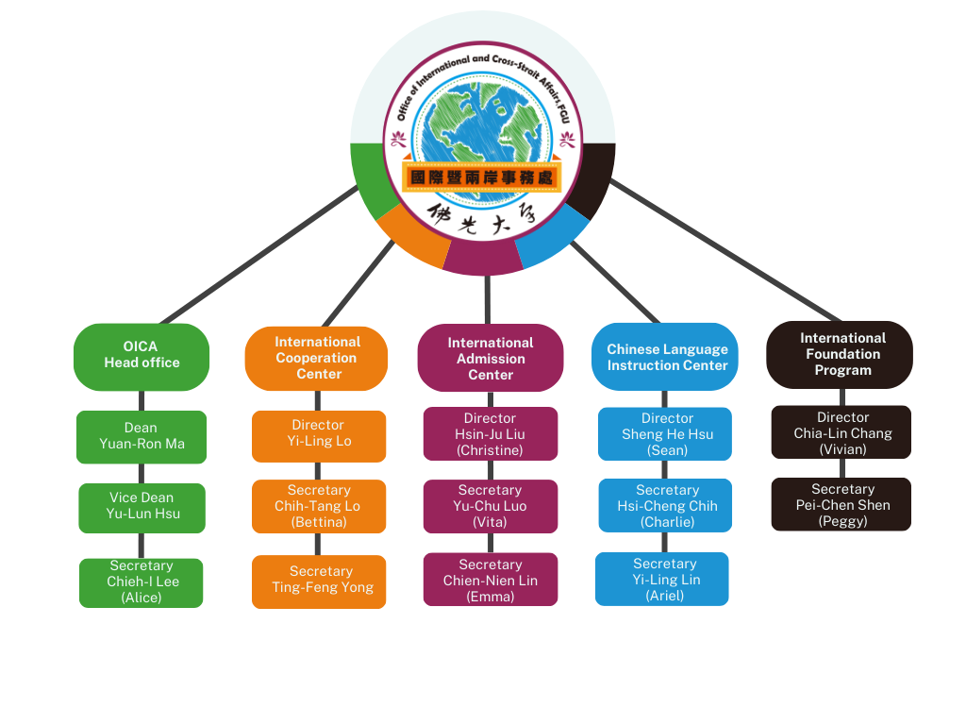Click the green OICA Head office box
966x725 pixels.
(142, 356)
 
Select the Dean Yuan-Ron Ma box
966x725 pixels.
(142, 436)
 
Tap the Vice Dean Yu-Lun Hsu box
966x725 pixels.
(142, 507)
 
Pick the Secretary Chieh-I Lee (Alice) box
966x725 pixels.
(142, 582)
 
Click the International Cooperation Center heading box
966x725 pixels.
(317, 358)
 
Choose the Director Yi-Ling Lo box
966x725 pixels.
(319, 435)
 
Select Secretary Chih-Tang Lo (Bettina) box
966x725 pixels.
(319, 506)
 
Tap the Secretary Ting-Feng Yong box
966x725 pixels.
(319, 581)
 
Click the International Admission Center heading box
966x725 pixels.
(490, 359)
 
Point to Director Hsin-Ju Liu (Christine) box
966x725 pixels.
(490, 434)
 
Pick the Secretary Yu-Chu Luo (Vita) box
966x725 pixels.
(490, 506)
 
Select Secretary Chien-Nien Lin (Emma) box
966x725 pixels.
(490, 580)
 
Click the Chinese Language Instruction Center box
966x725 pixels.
(667, 358)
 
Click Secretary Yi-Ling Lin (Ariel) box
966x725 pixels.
(662, 579)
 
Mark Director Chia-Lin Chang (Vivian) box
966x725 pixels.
(841, 432)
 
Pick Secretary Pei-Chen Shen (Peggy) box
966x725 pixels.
(841, 504)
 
